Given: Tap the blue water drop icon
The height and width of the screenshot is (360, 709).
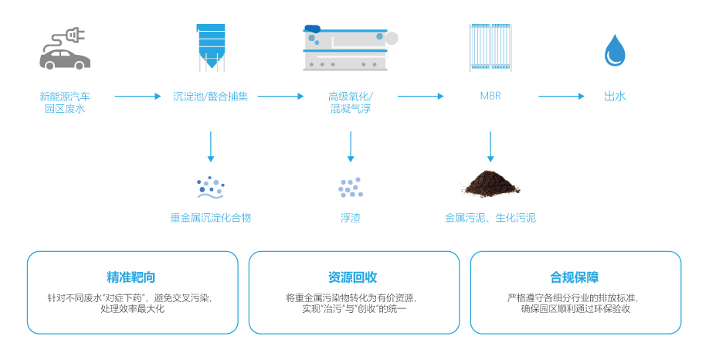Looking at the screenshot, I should pos(615,49).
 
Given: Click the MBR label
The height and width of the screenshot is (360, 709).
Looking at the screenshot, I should pos(490,97).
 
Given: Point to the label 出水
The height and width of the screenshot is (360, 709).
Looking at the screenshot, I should pos(615,97).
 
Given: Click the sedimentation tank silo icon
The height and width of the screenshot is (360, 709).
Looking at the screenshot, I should pos(211,46).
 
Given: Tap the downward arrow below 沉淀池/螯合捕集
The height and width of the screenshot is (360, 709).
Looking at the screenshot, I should pos(211,147).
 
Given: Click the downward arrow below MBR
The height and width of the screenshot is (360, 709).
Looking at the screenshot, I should pos(490,147).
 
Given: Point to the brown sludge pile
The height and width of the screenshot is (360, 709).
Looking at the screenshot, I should pos(491,184).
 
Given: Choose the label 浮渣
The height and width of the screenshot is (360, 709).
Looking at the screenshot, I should pos(351,218).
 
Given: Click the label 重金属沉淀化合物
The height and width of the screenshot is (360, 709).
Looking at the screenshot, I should pos(211,218).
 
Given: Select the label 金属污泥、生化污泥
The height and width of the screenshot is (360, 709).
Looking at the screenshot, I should pos(490,218).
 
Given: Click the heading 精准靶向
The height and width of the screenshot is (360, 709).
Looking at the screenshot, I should pos(132,277).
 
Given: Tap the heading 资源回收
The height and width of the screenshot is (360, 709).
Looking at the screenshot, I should pos(353,277).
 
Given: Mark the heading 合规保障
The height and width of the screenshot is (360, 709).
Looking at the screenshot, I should pos(575,277).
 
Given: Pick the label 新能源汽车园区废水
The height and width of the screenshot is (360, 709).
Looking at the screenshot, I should pos(65,104).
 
